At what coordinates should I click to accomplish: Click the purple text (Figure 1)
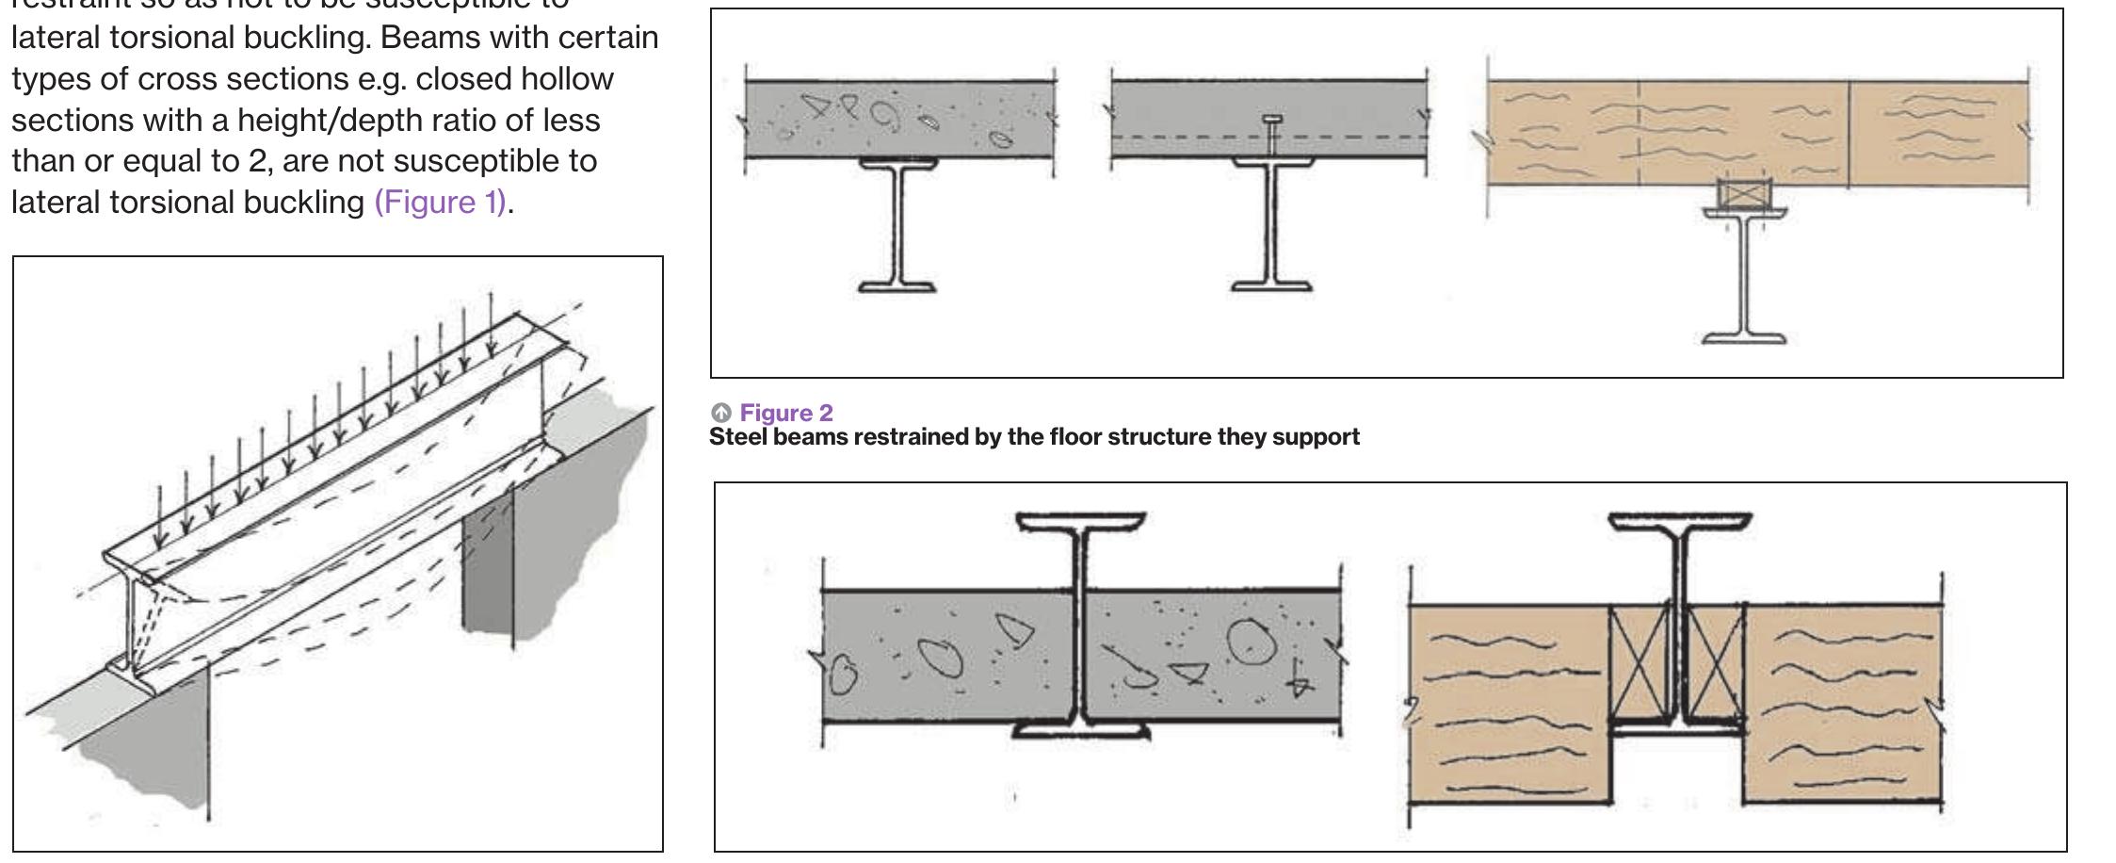[x=440, y=203]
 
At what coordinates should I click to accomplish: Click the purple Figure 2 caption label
[x=786, y=413]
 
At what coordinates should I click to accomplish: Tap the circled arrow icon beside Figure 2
[x=721, y=413]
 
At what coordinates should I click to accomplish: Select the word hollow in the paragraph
[x=571, y=78]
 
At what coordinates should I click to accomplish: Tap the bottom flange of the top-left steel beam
[x=897, y=285]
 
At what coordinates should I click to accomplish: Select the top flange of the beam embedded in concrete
[x=1081, y=521]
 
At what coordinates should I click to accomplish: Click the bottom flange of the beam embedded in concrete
[x=1081, y=730]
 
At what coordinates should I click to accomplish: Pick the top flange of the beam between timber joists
[x=1680, y=521]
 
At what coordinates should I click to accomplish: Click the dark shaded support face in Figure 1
[x=488, y=565]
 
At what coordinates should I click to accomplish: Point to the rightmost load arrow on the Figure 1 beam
[x=492, y=325]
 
